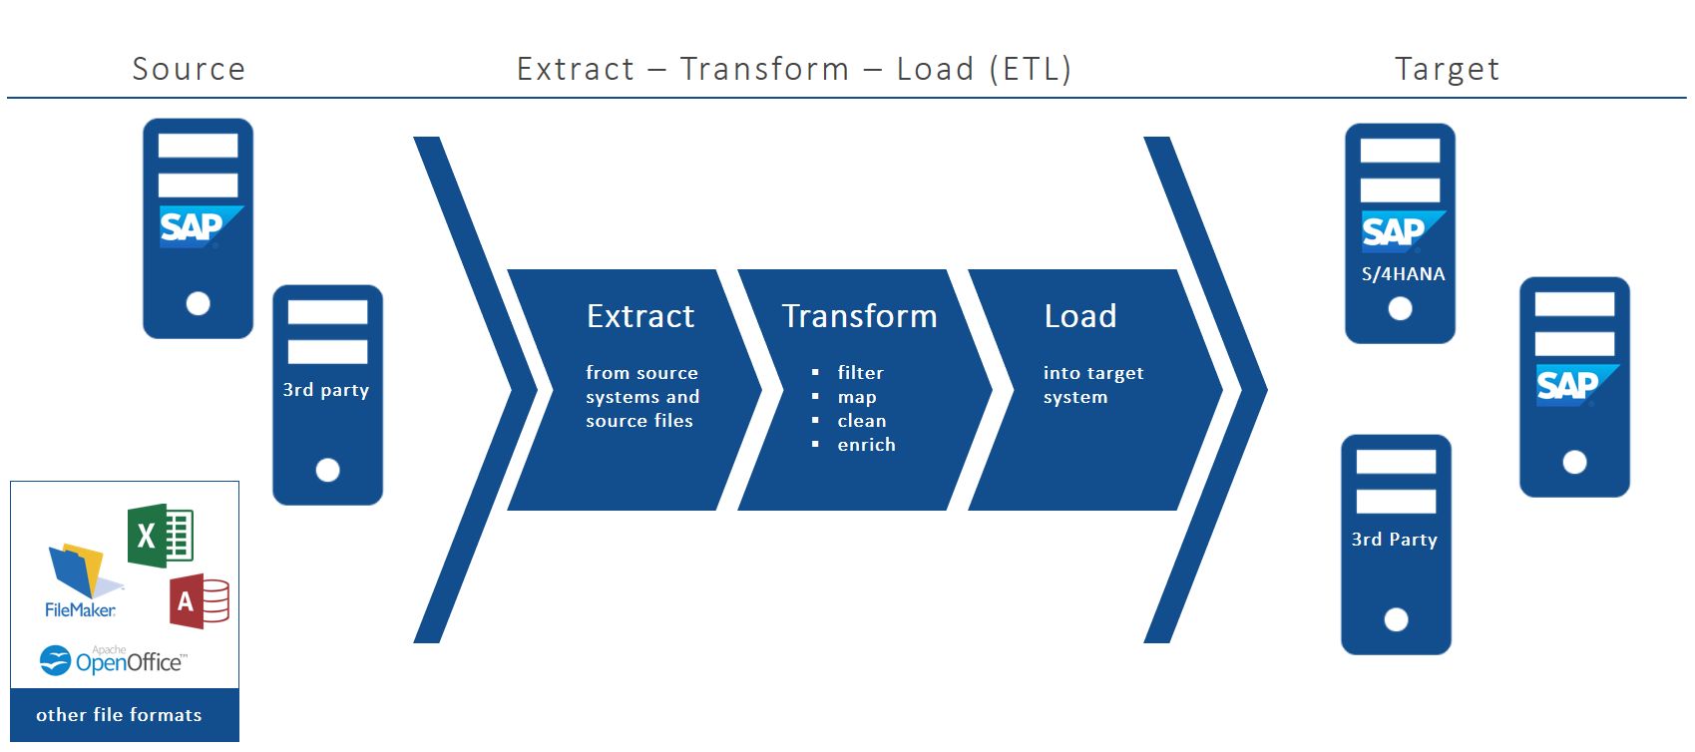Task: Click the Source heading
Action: (x=189, y=69)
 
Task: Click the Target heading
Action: (x=1447, y=69)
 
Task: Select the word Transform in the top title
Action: (x=764, y=69)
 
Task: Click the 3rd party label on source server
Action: (x=326, y=390)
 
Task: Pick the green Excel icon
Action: (x=160, y=537)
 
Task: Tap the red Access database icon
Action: (x=200, y=601)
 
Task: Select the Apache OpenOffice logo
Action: (x=112, y=660)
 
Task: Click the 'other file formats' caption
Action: (x=119, y=715)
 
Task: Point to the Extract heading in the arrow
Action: (x=640, y=316)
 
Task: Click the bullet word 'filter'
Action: (x=860, y=373)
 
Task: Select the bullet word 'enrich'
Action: (x=866, y=445)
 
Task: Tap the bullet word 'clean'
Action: (x=861, y=421)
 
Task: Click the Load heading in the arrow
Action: (x=1079, y=316)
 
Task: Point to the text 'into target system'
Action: (x=1092, y=385)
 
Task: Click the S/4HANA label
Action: (x=1403, y=274)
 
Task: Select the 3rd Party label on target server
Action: (x=1394, y=540)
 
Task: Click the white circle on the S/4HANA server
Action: (x=1400, y=309)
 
